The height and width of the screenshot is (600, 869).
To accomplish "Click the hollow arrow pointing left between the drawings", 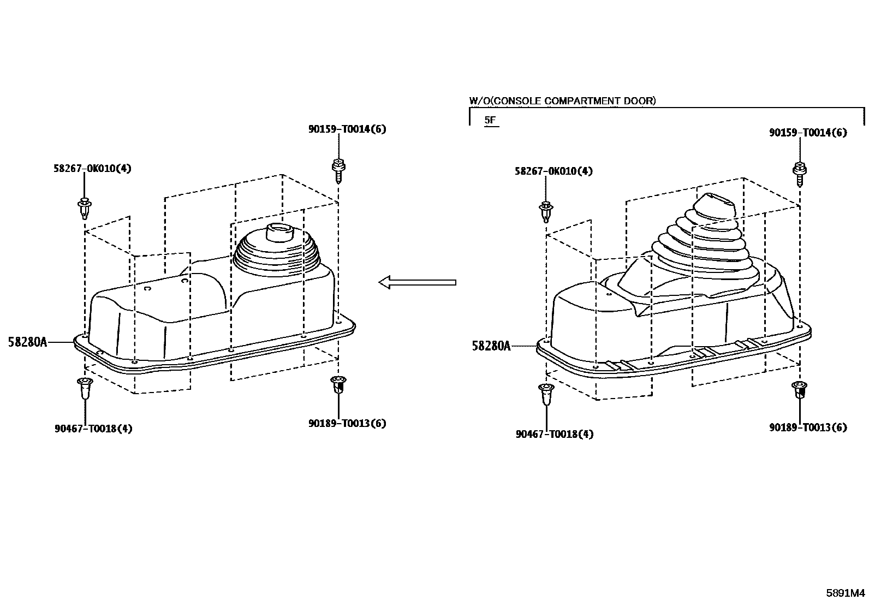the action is pos(417,282).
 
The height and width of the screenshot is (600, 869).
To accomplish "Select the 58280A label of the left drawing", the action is pos(27,342).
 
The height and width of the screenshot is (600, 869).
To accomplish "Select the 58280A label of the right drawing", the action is pos(491,346).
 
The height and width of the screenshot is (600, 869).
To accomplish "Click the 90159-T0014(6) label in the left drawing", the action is pos(347,129).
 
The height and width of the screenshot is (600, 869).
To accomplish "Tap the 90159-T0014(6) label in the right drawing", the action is pos(808,132).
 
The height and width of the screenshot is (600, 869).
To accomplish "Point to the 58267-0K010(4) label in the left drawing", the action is pos(92,169).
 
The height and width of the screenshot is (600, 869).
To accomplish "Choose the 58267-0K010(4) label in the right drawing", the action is pos(553,171).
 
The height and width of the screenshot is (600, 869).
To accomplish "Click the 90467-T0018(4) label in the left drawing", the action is pos(93,429).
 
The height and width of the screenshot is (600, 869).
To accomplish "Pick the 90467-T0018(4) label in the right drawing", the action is pos(555,434).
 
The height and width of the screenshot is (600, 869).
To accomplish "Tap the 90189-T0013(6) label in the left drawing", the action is pos(347,423).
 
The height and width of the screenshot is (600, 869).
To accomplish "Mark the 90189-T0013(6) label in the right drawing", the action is pos(808,427).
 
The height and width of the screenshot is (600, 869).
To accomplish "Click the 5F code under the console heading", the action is pos(490,120).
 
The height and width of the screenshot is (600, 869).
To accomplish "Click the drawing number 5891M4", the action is pos(846,593).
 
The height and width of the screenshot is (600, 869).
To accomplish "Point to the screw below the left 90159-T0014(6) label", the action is pos(338,171).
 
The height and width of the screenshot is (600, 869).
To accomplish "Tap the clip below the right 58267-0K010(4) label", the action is pos(546,212).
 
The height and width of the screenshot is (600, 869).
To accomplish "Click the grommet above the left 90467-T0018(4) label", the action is pos(85,388).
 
